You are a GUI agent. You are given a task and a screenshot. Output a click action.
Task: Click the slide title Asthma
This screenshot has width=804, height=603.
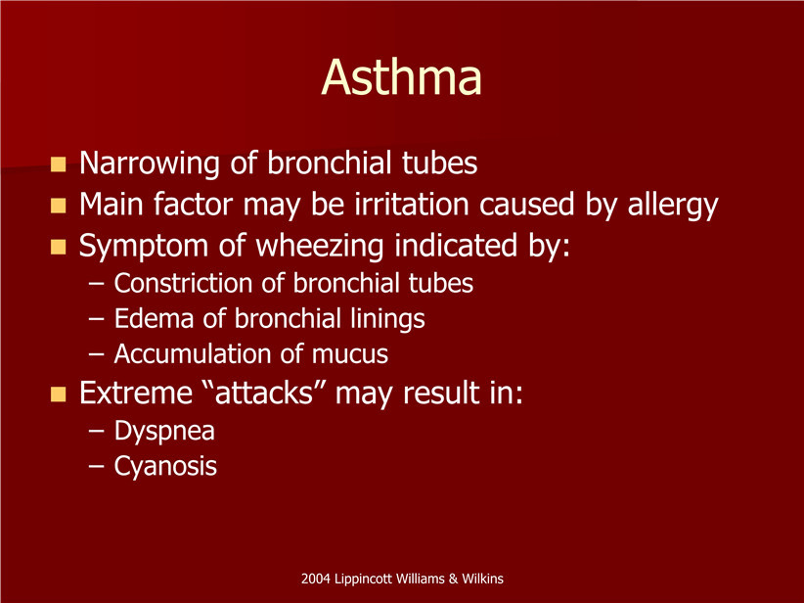(x=401, y=77)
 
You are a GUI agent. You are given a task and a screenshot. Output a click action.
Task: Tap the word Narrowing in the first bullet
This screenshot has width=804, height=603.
(x=150, y=164)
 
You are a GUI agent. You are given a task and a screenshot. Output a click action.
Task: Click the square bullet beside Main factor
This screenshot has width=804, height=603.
(x=59, y=206)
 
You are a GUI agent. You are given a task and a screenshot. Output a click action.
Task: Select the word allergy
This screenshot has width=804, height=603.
(x=673, y=206)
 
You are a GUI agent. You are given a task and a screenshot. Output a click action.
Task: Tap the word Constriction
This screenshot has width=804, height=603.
(x=184, y=283)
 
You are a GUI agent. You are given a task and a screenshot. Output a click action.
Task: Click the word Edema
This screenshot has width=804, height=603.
(x=154, y=319)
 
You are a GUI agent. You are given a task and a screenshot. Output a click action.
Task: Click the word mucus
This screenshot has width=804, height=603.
(x=350, y=354)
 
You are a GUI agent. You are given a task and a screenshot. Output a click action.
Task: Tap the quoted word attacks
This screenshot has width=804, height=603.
(x=264, y=394)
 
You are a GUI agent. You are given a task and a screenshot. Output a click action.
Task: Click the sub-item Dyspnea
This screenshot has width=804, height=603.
(x=164, y=431)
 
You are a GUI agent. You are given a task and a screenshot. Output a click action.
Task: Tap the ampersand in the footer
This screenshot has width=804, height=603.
(x=453, y=579)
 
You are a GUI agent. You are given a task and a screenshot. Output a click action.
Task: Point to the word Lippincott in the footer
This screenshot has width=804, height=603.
(x=364, y=580)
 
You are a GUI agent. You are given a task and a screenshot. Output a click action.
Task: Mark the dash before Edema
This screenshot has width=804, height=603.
(x=96, y=319)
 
